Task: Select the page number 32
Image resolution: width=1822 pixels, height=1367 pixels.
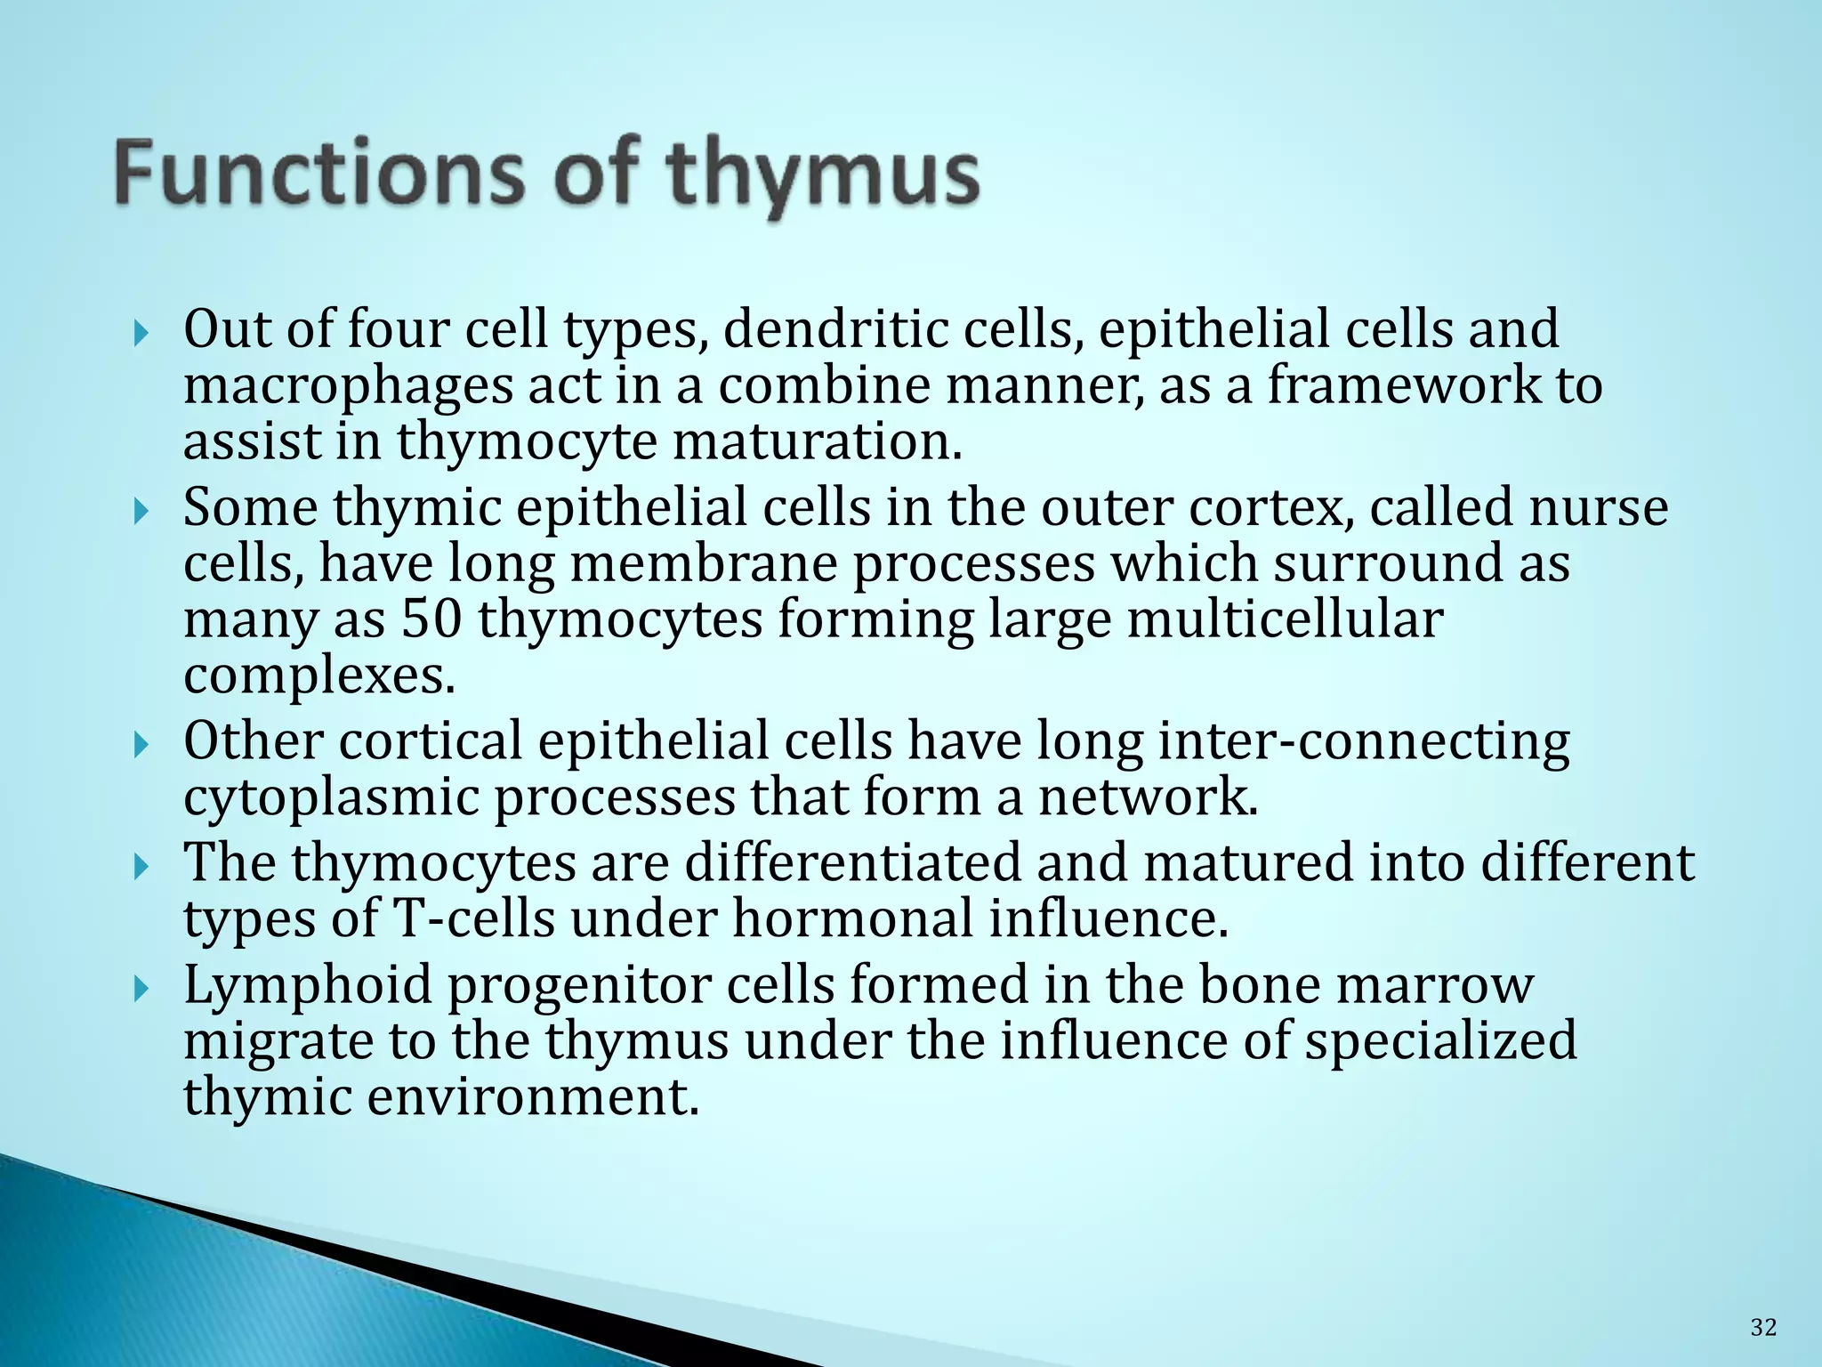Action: click(x=1763, y=1328)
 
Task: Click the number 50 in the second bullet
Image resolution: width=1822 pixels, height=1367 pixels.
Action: click(x=431, y=619)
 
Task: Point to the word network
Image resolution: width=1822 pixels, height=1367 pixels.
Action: click(x=1148, y=797)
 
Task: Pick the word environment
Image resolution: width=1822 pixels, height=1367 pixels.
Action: click(x=532, y=1096)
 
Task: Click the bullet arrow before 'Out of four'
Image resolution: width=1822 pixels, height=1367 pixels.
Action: click(x=140, y=336)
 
